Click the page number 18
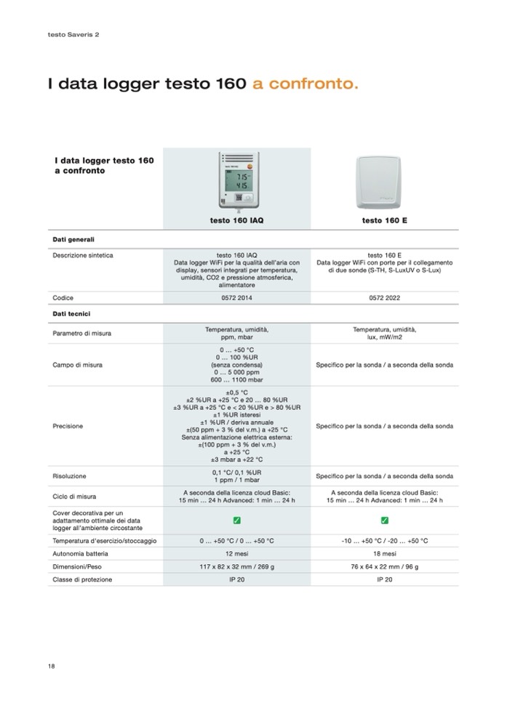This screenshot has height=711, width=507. pyautogui.click(x=52, y=666)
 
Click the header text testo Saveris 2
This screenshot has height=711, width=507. pyautogui.click(x=73, y=34)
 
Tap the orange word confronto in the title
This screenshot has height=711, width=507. pyautogui.click(x=306, y=85)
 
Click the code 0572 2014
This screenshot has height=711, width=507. pyautogui.click(x=236, y=298)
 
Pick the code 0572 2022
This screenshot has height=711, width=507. pyautogui.click(x=384, y=298)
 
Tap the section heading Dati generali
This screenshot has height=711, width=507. pyautogui.click(x=73, y=238)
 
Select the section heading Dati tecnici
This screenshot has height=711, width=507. pyautogui.click(x=71, y=313)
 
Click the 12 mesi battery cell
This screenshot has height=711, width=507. pyautogui.click(x=236, y=553)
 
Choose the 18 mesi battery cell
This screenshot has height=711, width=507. pyautogui.click(x=384, y=553)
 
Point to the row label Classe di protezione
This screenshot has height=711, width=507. pyautogui.click(x=82, y=579)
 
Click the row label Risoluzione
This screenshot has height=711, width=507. pyautogui.click(x=69, y=476)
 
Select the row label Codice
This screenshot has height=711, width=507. pyautogui.click(x=63, y=298)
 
